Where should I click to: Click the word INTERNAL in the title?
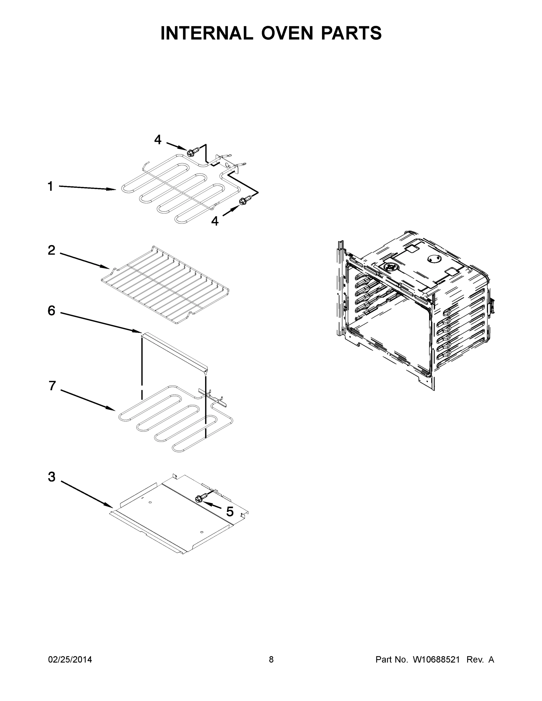click(x=207, y=33)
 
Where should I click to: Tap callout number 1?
click(x=51, y=186)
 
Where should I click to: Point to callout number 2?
click(x=51, y=250)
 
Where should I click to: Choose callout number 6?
click(x=51, y=311)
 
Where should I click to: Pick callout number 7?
click(x=52, y=386)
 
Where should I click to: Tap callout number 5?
click(x=230, y=512)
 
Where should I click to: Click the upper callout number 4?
click(x=158, y=140)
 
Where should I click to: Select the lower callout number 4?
click(x=215, y=221)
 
